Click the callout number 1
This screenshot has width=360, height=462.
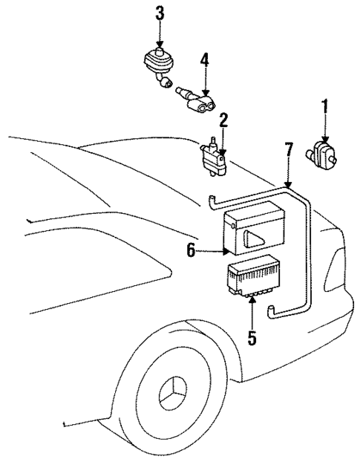point(323,109)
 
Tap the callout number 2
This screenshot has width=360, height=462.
point(222,120)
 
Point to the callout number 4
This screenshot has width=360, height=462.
point(205,60)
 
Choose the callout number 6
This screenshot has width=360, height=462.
point(191,253)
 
